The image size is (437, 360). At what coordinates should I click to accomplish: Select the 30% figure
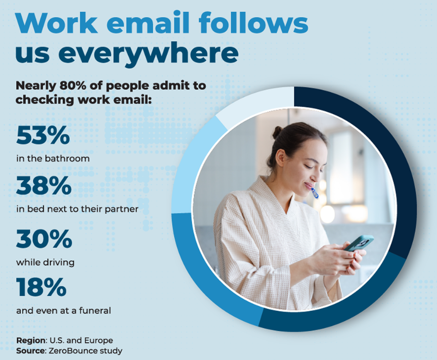(x=44, y=240)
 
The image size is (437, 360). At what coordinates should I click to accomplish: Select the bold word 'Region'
(x=31, y=341)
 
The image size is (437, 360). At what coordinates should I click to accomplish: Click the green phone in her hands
(x=359, y=243)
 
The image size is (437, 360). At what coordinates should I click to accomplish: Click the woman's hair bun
(x=277, y=132)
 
